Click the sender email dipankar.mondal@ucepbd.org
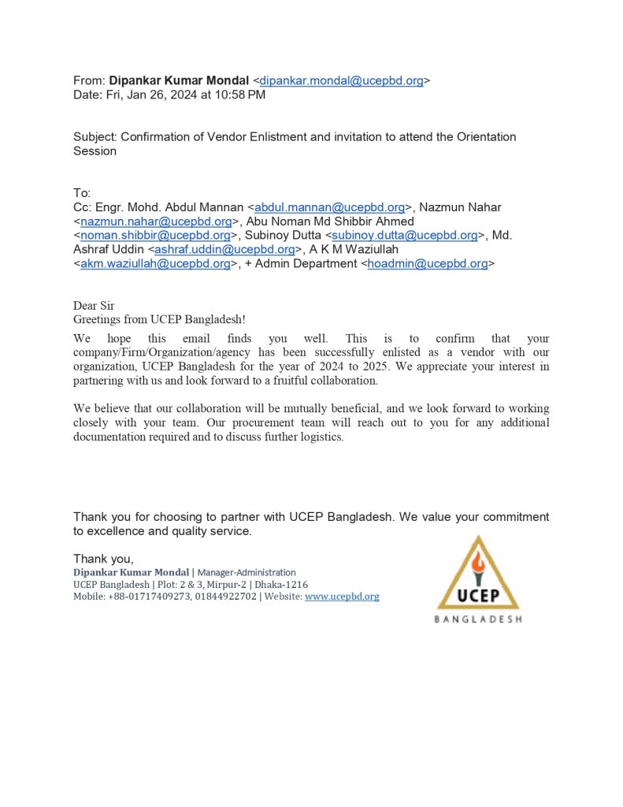click(341, 80)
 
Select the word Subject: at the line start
click(95, 137)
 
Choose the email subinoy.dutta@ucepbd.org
click(404, 236)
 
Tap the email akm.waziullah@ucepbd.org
click(155, 264)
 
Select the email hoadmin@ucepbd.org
click(428, 264)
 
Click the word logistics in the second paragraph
click(320, 437)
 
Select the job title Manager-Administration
click(247, 572)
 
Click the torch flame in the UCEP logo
click(478, 560)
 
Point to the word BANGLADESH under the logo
click(478, 619)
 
